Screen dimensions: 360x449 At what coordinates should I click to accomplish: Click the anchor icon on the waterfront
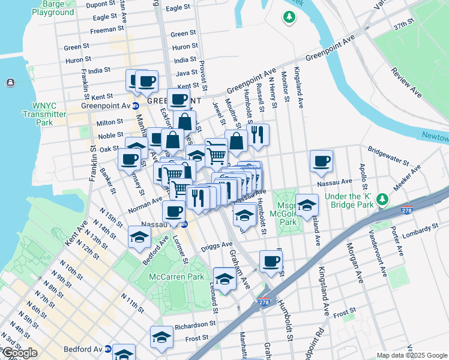pos(10,82)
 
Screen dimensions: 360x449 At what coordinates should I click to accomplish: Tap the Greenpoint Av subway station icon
pos(136,106)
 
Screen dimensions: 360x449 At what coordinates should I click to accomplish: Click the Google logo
pos(20,353)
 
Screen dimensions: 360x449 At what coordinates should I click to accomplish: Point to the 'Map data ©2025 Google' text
pos(412,355)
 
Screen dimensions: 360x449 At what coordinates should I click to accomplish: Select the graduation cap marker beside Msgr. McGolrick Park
pos(307,205)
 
